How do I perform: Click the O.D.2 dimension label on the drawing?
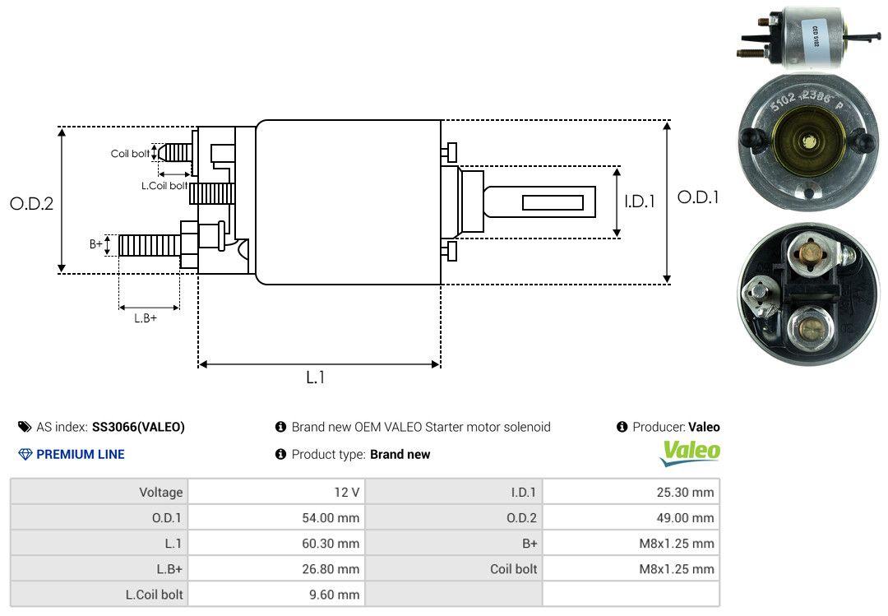(32, 203)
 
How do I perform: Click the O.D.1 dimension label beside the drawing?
(698, 197)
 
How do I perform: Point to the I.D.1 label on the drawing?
(640, 201)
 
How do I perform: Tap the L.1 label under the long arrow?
(316, 377)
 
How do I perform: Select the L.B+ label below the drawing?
(146, 318)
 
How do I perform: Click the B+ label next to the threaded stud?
(96, 243)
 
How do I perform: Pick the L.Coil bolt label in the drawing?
(164, 185)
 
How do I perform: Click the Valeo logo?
(690, 452)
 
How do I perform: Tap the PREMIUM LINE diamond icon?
(25, 454)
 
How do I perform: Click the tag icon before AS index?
(25, 427)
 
